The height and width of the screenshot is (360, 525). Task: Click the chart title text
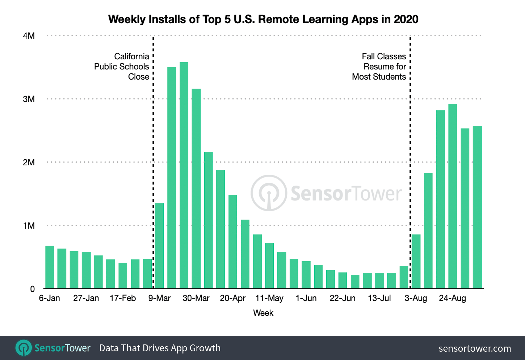pos(263,19)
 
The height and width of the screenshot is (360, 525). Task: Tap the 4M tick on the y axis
pos(29,36)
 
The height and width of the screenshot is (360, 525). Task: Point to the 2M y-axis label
pos(29,162)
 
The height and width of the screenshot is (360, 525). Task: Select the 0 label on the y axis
pos(32,289)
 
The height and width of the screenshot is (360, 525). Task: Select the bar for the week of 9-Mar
pos(159,246)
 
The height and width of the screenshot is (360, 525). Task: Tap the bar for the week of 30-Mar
pos(196,189)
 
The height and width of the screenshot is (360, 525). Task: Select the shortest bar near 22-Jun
pos(355,282)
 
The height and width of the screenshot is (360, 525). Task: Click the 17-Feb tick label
pos(123,298)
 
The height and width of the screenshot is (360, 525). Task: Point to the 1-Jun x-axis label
pos(306,298)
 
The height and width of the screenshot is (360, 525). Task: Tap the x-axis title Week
pos(263,313)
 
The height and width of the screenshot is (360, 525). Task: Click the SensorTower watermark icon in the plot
pos(269,193)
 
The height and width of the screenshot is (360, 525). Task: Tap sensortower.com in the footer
pos(475,348)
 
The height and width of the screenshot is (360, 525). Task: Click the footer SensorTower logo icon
pos(24,348)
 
